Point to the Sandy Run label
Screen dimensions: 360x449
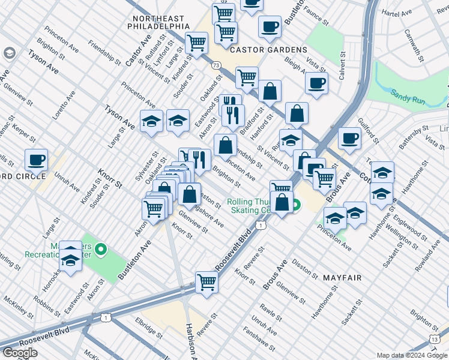click(408, 97)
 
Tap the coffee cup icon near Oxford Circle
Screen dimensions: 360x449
click(36, 160)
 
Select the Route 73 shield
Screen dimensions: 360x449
click(216, 64)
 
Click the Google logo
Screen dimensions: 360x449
click(20, 353)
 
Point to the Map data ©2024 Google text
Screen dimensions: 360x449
click(412, 355)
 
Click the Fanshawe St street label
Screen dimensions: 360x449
click(259, 339)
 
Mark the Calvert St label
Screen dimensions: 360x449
click(343, 64)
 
